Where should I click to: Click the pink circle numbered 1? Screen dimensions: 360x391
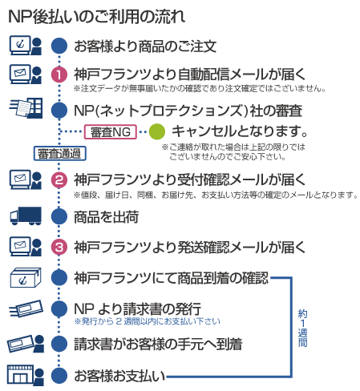(59, 75)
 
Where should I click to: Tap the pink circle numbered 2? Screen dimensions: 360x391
(59, 179)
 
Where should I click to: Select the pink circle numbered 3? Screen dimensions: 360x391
(59, 247)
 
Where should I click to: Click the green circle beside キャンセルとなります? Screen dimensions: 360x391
(157, 131)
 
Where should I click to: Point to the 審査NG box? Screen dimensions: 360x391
(111, 131)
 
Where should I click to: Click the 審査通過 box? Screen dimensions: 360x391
(59, 153)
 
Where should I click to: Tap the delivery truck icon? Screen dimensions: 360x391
(26, 216)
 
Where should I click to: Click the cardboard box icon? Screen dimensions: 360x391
(26, 278)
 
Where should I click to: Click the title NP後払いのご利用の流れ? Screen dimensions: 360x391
(97, 17)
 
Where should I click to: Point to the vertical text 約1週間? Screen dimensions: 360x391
(302, 328)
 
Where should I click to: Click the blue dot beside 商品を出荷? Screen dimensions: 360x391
(59, 216)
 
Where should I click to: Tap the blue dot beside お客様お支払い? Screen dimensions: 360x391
(59, 376)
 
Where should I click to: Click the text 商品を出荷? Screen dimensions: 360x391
(106, 216)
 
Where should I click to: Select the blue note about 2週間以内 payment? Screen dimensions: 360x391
(147, 321)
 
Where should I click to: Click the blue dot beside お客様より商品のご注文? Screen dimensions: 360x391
(59, 46)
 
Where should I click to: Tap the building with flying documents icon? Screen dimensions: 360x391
(26, 108)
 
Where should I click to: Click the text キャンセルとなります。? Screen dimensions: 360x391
(240, 131)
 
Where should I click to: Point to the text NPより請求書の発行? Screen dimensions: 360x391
(137, 308)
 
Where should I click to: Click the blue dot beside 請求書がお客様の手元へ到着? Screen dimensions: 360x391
(59, 344)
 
